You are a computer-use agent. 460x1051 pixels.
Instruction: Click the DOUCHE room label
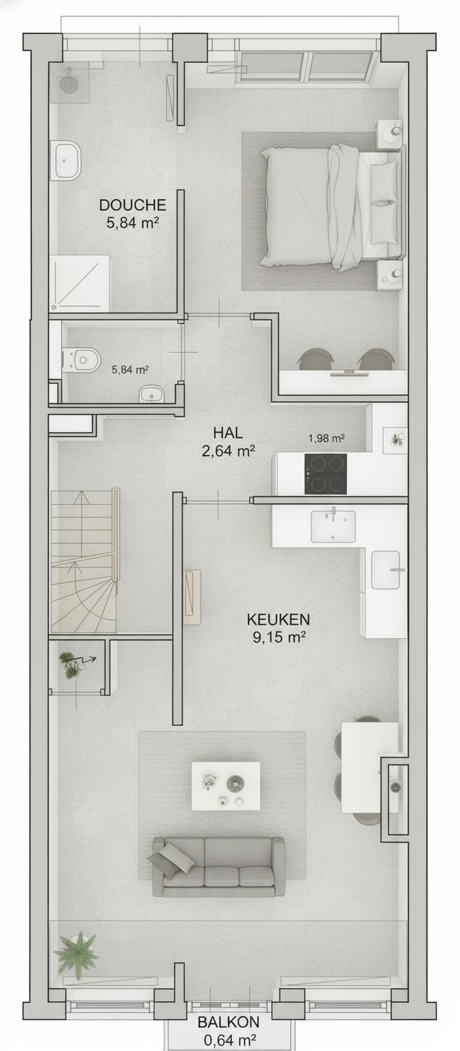(132, 205)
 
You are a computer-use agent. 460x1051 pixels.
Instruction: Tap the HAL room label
(228, 432)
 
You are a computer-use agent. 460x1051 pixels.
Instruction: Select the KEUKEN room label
(279, 619)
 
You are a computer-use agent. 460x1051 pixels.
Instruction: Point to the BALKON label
(228, 1022)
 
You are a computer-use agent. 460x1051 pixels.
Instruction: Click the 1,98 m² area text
(327, 438)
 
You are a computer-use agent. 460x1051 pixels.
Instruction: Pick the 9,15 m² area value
(279, 637)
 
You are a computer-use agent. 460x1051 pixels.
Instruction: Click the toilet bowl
(81, 360)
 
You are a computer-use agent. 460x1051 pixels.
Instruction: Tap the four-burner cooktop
(325, 474)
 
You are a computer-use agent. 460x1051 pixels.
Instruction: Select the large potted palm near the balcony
(77, 952)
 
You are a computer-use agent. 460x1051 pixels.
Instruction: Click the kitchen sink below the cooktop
(333, 525)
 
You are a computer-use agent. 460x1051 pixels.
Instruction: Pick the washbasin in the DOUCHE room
(66, 160)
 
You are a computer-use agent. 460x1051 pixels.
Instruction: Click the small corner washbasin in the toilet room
(149, 395)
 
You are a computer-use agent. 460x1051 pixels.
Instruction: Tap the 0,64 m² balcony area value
(230, 1040)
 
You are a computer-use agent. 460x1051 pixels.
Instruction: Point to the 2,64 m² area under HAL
(229, 451)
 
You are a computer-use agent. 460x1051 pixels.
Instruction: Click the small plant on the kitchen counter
(397, 440)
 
